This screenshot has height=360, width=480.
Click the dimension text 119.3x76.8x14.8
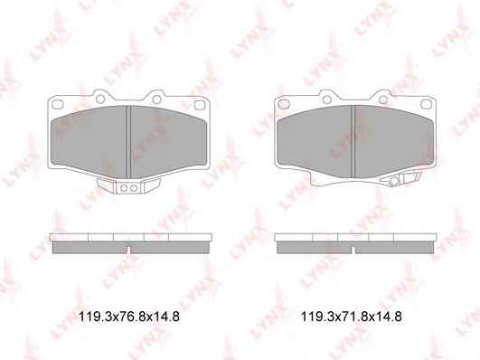point(129,317)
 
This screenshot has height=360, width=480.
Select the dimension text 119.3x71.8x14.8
point(352,317)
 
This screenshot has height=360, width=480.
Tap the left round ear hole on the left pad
point(99,99)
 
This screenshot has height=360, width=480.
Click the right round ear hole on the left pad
point(156,99)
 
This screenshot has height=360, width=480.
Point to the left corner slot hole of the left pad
point(57,105)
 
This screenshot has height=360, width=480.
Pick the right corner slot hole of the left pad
point(199,105)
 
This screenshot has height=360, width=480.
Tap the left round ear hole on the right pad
point(326,99)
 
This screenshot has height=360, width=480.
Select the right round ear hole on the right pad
point(383,99)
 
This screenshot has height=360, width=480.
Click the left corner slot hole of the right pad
point(284,105)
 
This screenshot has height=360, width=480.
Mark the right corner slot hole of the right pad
point(426,105)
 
